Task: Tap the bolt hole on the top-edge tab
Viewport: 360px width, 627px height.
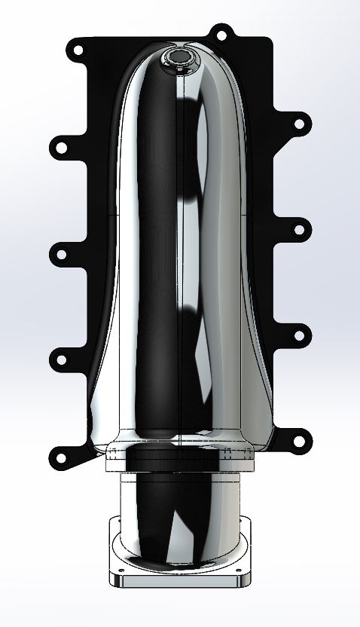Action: point(220,34)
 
